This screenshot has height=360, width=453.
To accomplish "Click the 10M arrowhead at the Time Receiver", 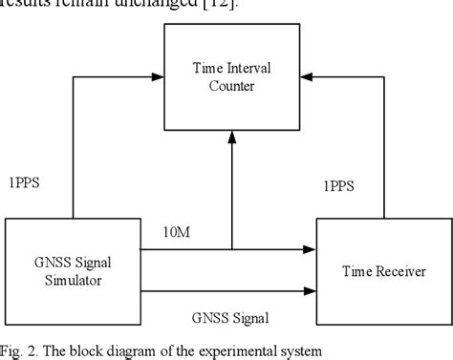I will point(312,249).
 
